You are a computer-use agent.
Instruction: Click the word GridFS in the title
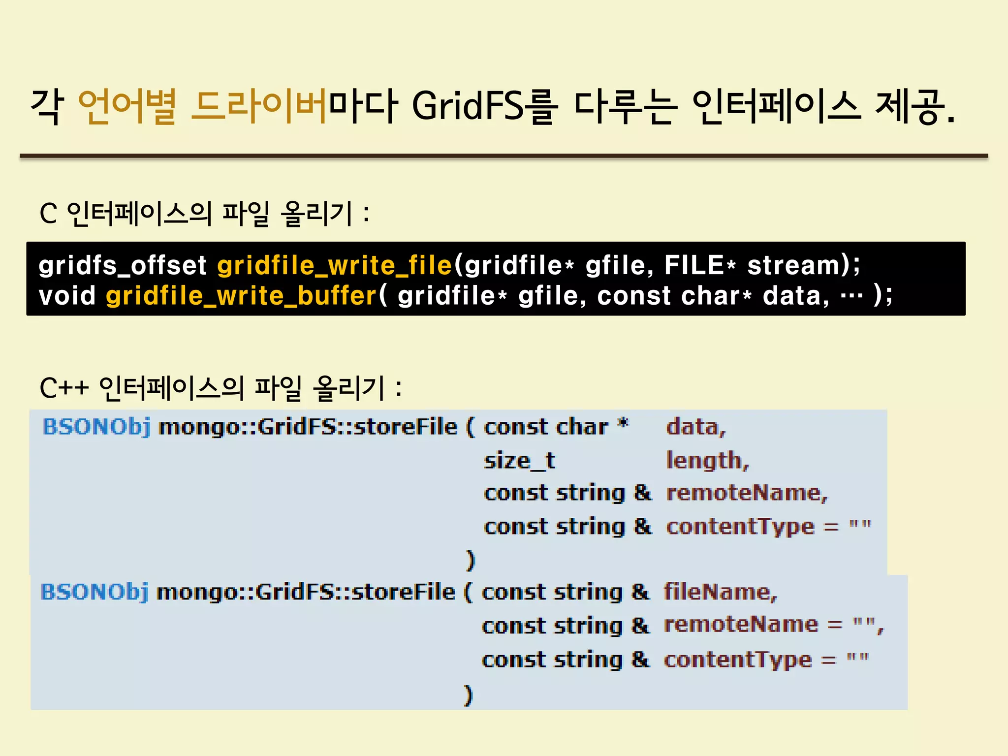[468, 106]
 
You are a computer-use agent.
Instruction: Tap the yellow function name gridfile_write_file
[335, 265]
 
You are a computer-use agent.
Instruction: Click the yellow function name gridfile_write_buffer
[241, 296]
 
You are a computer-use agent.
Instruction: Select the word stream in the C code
[792, 265]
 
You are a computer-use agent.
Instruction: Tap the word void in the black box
[67, 296]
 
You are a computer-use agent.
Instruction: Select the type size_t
[519, 461]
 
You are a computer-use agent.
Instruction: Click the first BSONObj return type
[96, 426]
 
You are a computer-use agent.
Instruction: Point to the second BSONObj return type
[94, 592]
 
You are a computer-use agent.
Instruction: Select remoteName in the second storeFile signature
[741, 625]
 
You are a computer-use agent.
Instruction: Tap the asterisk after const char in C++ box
[623, 424]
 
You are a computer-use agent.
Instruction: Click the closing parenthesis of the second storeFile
[468, 695]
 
